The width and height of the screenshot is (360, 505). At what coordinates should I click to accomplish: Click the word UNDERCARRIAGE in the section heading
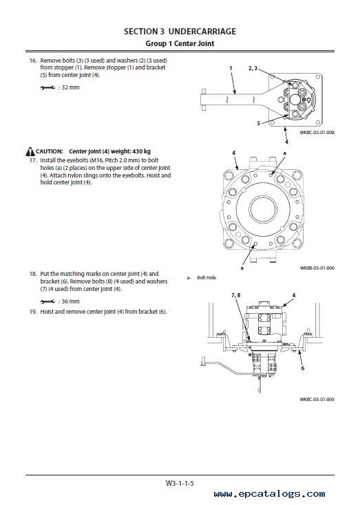point(202,32)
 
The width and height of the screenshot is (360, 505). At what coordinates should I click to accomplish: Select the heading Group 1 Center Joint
point(180,43)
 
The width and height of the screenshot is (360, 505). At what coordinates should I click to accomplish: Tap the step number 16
point(33,61)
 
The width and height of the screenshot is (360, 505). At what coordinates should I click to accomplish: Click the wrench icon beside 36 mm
point(47,302)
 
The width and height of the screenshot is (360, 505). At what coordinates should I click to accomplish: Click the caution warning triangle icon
point(30,151)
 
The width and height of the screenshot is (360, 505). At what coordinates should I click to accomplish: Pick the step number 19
point(33,312)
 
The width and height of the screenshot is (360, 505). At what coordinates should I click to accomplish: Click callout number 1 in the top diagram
point(231,68)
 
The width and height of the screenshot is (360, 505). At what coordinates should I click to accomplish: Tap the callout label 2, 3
point(253,68)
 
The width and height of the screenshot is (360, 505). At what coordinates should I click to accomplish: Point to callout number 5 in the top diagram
point(259,123)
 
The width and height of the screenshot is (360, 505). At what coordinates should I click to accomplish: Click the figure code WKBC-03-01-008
point(317,132)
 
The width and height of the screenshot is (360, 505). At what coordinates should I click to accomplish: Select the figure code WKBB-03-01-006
point(317,268)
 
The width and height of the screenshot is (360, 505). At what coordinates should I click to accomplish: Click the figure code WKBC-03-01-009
point(317,399)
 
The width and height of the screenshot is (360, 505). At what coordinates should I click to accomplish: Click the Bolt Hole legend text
point(207,278)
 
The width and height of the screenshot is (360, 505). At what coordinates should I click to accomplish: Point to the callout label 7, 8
point(236,295)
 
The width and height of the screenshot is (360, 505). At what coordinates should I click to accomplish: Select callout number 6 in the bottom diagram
point(303,368)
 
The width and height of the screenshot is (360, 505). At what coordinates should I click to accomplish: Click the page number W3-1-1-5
point(180,483)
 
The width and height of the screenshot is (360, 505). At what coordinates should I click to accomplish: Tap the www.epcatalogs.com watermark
point(269,494)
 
